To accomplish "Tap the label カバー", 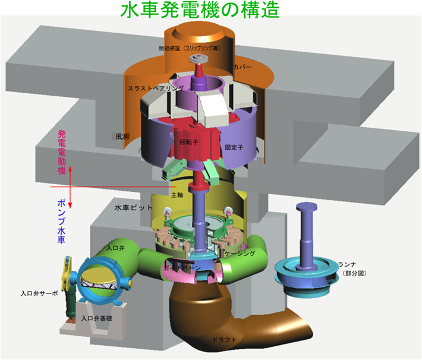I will click(x=243, y=68).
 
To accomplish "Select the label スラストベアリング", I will click(x=156, y=88).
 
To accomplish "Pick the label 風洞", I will click(x=122, y=137).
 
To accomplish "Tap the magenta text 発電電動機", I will click(x=62, y=154).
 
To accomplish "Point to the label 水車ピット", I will click(x=134, y=208).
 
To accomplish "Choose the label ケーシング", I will click(x=242, y=254).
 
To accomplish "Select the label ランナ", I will click(x=346, y=264).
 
